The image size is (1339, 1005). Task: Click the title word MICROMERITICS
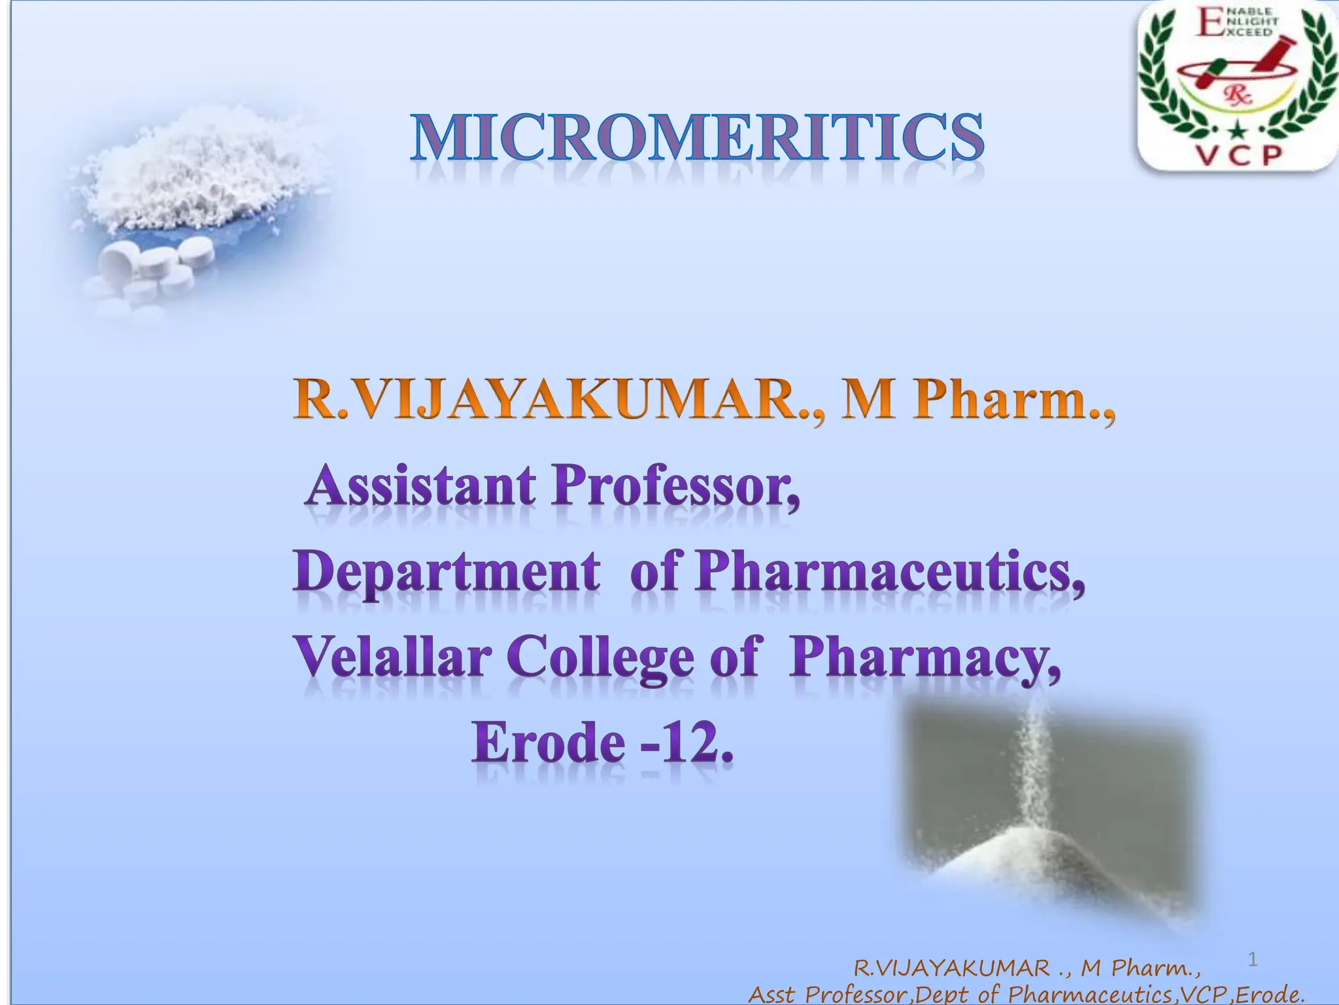[697, 138]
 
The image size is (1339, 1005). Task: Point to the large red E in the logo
[1210, 24]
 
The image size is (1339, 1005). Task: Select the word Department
[446, 572]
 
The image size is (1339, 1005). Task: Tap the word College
[600, 658]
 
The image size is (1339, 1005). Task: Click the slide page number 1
[1253, 959]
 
